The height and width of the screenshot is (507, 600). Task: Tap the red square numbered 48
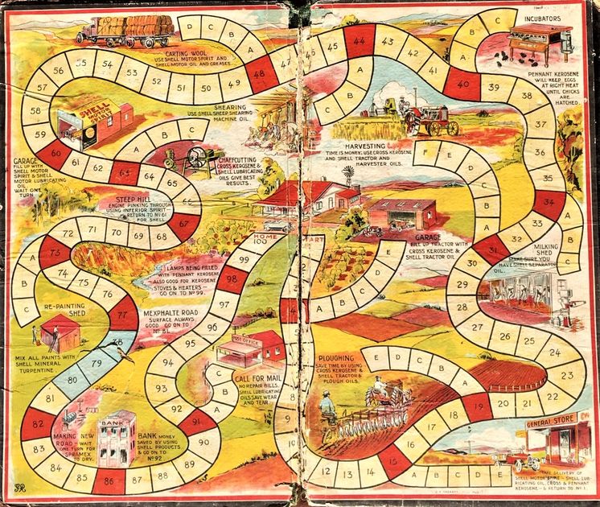pyautogui.click(x=259, y=74)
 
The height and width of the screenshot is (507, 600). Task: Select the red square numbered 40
pyautogui.click(x=463, y=82)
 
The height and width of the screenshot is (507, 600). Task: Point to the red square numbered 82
pyautogui.click(x=38, y=422)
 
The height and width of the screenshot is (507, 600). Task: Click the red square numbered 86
pyautogui.click(x=109, y=481)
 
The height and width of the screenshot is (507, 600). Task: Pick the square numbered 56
pyautogui.click(x=58, y=71)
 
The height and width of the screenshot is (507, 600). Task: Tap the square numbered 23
pyautogui.click(x=565, y=375)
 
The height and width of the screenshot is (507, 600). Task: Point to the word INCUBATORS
pyautogui.click(x=544, y=17)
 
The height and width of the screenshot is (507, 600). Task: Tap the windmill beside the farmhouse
pyautogui.click(x=349, y=176)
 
